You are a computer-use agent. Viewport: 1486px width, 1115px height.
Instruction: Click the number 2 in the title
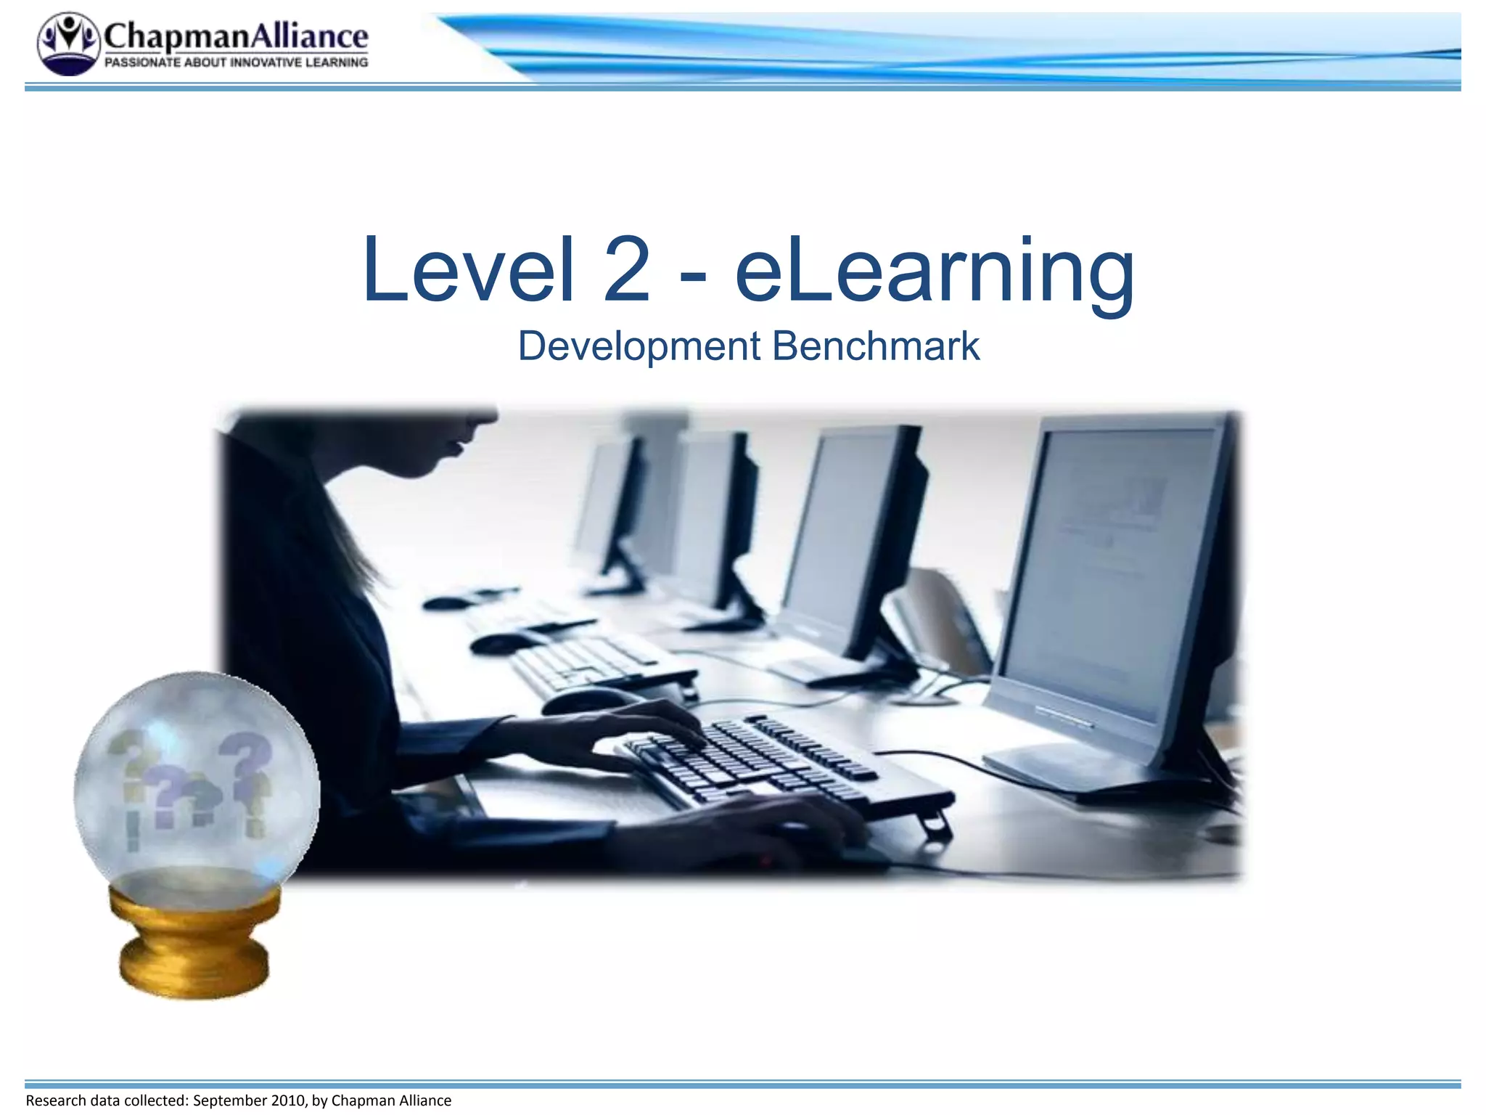click(x=626, y=270)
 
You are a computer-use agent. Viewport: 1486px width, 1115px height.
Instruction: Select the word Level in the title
click(x=468, y=270)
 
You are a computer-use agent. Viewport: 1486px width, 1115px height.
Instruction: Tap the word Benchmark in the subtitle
click(x=876, y=346)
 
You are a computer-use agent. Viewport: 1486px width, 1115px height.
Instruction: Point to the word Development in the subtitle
click(x=639, y=346)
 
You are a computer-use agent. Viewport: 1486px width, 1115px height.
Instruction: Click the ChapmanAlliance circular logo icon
click(x=68, y=44)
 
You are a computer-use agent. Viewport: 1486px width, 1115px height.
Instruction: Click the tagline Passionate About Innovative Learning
click(x=237, y=63)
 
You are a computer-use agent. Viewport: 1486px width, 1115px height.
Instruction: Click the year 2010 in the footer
click(x=288, y=1100)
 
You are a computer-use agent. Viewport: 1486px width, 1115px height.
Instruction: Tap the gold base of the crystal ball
click(x=194, y=944)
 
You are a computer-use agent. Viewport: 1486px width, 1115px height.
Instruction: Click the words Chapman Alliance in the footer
click(x=391, y=1100)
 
